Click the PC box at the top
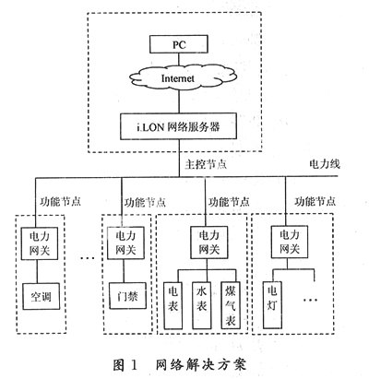(x=179, y=44)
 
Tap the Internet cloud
(x=179, y=77)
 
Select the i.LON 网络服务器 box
(x=178, y=126)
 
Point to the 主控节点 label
(x=206, y=164)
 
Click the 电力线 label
(x=325, y=164)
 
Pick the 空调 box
(x=42, y=296)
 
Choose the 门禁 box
(x=127, y=296)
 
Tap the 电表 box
(x=173, y=305)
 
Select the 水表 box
(x=202, y=305)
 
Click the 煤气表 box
(x=231, y=305)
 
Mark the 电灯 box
(x=272, y=305)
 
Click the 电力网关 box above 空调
(x=39, y=243)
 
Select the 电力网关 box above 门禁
(x=125, y=243)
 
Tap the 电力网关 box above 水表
(x=209, y=243)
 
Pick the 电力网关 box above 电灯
(x=290, y=242)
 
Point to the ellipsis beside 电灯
(x=310, y=300)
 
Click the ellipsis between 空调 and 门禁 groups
(x=88, y=257)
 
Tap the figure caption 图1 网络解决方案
(x=180, y=365)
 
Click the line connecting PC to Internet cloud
(x=179, y=59)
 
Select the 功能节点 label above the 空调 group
(x=60, y=202)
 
